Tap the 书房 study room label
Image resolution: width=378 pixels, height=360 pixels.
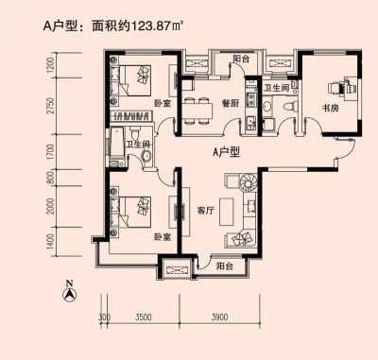(331, 108)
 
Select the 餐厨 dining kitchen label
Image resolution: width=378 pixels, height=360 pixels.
(231, 103)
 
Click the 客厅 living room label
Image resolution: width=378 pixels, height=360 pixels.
(205, 211)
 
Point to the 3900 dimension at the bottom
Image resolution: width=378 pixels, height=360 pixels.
(219, 317)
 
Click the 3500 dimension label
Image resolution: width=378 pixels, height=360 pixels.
(144, 317)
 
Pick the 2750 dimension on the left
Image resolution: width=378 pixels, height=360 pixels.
(50, 106)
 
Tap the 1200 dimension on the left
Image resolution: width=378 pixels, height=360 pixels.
(50, 65)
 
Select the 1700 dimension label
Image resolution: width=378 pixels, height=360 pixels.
(50, 152)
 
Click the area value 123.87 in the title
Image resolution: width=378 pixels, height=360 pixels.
(151, 26)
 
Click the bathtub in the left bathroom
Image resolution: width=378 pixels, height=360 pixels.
(117, 143)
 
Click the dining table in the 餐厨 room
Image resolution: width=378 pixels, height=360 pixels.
(198, 111)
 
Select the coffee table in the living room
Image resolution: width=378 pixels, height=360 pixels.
(227, 212)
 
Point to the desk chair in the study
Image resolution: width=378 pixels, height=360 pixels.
(335, 87)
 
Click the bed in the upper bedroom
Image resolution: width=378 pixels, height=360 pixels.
(135, 80)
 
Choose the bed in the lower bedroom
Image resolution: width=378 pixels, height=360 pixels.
(135, 212)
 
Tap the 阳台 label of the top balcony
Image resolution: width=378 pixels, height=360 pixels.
(241, 59)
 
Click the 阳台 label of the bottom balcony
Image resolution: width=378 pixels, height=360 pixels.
(225, 266)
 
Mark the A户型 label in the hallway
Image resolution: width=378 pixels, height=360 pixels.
(226, 152)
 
